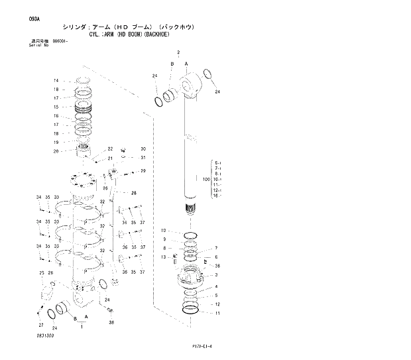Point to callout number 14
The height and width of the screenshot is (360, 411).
click(x=56, y=81)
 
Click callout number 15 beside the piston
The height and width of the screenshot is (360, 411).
click(x=56, y=106)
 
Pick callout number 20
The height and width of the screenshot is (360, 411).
click(x=56, y=151)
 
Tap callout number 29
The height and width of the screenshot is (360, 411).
click(x=143, y=171)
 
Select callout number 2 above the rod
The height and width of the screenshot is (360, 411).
click(x=178, y=52)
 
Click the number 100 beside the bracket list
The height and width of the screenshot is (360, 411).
click(x=206, y=179)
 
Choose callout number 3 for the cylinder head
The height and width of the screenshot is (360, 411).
click(x=217, y=275)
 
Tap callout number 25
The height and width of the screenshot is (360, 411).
click(x=42, y=273)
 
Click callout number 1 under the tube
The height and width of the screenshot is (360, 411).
click(x=82, y=327)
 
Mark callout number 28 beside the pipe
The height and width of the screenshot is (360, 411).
click(x=133, y=194)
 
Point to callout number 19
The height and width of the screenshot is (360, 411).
click(x=56, y=142)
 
